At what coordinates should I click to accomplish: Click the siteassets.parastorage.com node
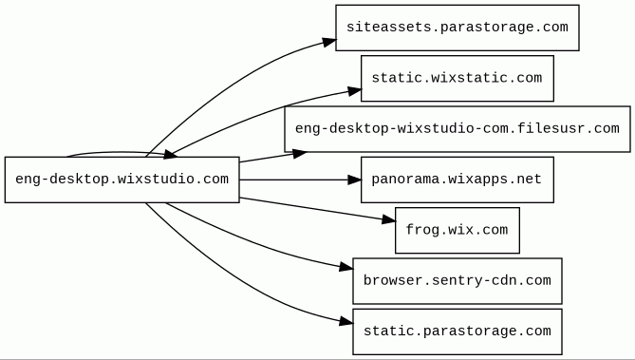[458, 28]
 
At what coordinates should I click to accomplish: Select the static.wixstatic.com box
[458, 78]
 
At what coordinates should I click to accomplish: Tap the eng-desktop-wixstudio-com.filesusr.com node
[458, 129]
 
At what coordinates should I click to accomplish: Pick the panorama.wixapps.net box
[458, 180]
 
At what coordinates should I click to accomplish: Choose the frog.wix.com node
[458, 230]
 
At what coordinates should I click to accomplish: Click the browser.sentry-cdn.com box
[458, 281]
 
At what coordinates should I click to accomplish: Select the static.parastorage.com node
[458, 332]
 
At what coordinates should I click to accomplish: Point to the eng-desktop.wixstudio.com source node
[121, 180]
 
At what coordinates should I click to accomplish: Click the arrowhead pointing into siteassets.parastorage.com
[329, 42]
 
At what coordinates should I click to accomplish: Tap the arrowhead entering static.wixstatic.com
[354, 92]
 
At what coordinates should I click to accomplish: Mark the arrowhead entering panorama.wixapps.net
[354, 180]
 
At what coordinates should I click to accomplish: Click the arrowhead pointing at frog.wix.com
[388, 220]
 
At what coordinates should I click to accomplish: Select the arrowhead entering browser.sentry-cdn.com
[346, 267]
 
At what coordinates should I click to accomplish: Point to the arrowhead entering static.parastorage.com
[346, 322]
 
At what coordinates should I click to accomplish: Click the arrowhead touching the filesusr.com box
[300, 153]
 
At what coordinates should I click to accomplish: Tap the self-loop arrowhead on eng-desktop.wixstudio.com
[170, 155]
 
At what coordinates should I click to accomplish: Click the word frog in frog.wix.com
[419, 230]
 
